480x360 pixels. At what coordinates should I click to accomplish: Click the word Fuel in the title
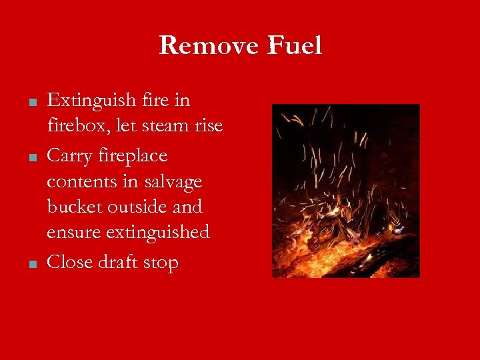pyautogui.click(x=295, y=45)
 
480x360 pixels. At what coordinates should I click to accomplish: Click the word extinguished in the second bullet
pyautogui.click(x=159, y=232)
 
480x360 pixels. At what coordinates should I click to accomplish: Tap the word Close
pyautogui.click(x=70, y=262)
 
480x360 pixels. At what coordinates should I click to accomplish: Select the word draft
pyautogui.click(x=119, y=262)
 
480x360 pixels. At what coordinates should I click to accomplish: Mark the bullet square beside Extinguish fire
pyautogui.click(x=32, y=102)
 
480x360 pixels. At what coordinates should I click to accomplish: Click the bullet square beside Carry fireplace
pyautogui.click(x=32, y=157)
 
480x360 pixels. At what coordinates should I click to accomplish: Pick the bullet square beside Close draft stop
pyautogui.click(x=32, y=263)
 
